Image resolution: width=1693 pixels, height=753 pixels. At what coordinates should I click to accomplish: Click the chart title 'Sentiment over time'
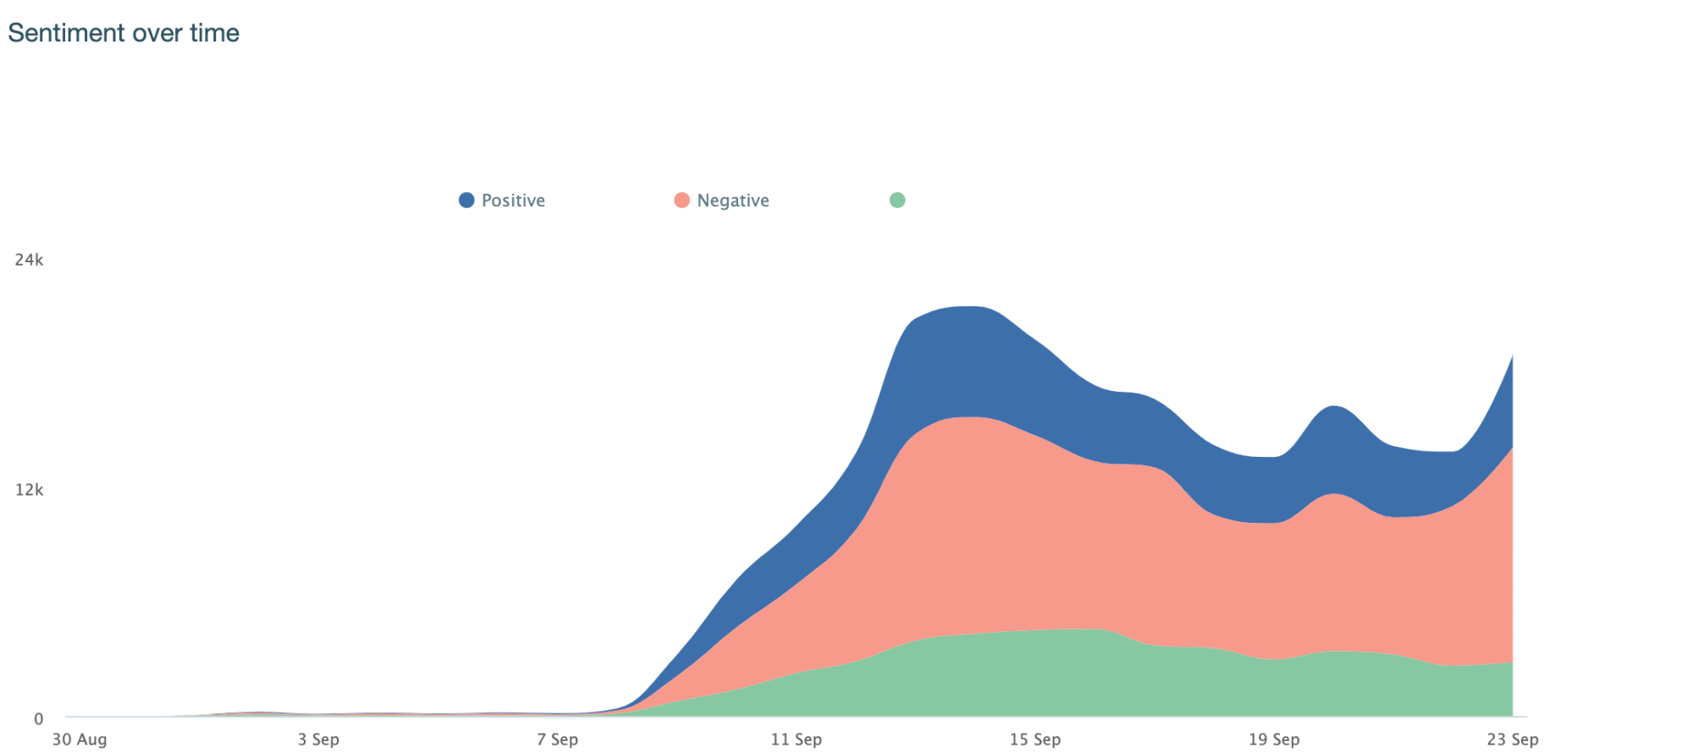[124, 33]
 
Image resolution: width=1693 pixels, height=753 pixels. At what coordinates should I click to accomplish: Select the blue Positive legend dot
[466, 201]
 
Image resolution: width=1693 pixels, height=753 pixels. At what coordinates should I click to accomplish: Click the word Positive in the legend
[513, 201]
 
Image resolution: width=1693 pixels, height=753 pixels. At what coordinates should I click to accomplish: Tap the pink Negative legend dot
[681, 201]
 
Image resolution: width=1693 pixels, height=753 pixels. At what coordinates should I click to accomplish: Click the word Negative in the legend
[733, 201]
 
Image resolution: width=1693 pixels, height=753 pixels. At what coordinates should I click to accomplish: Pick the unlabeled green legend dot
[897, 201]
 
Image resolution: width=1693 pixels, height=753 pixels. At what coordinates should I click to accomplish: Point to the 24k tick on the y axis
[29, 260]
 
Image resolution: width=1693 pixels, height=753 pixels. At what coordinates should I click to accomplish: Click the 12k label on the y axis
[29, 490]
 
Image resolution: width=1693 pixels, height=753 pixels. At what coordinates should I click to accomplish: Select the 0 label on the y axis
[38, 719]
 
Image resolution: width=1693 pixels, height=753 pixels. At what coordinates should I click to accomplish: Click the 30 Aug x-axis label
[80, 739]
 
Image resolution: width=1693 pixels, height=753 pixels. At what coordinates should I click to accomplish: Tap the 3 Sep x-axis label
[318, 739]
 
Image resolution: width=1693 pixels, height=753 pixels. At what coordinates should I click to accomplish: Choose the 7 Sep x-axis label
[557, 739]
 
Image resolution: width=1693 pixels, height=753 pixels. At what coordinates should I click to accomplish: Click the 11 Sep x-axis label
[796, 739]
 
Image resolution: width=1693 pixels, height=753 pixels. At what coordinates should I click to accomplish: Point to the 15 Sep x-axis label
[1034, 739]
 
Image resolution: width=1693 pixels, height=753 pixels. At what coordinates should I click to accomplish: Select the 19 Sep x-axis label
[1273, 739]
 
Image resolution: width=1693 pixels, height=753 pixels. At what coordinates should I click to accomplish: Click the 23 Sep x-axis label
[1512, 739]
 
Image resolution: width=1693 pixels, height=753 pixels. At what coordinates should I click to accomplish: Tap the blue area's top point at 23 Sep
[1512, 356]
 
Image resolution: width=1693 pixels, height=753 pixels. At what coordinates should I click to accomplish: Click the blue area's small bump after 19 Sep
[1334, 408]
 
